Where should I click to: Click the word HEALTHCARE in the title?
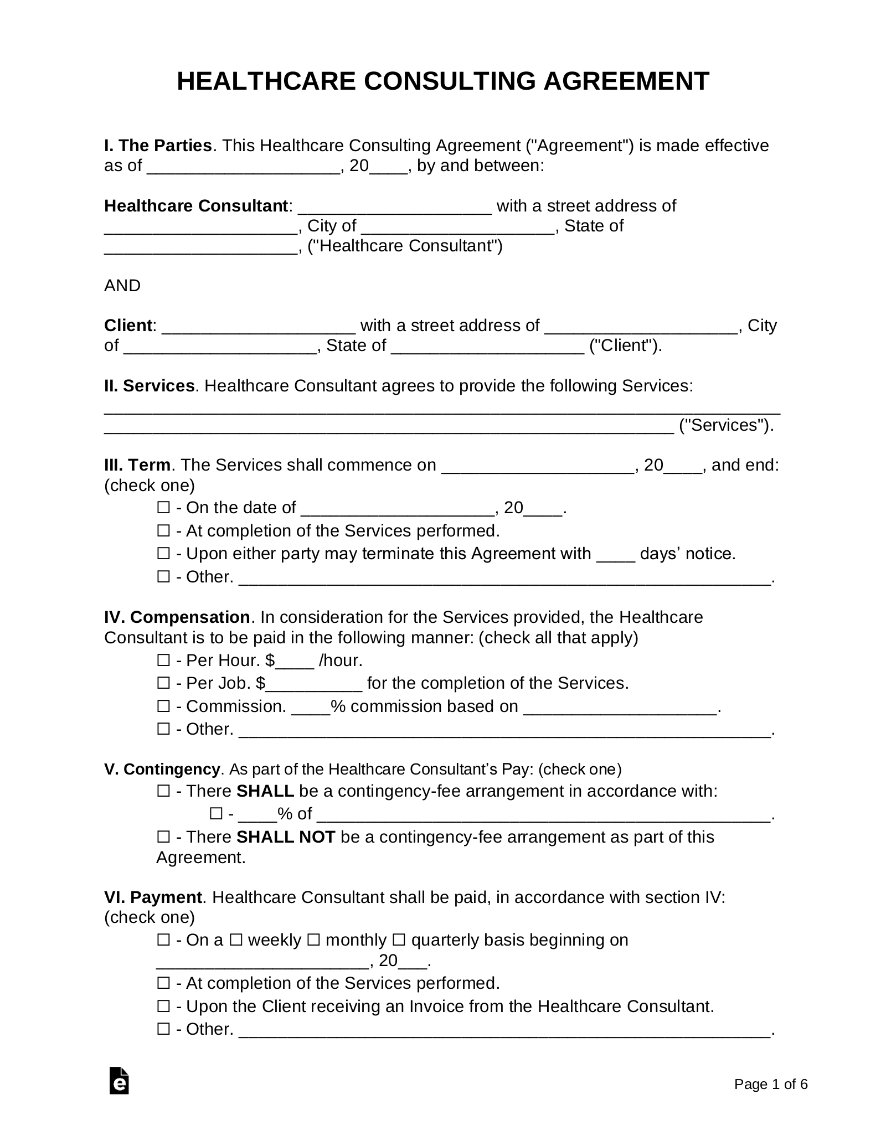[x=265, y=81]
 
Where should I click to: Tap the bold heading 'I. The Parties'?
[x=158, y=146]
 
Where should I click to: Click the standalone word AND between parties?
[x=122, y=286]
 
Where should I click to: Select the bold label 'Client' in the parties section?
[x=127, y=326]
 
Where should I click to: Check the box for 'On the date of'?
[x=163, y=508]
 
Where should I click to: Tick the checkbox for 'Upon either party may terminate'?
[x=163, y=554]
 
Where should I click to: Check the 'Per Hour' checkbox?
[x=163, y=660]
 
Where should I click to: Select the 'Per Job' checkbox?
[x=163, y=683]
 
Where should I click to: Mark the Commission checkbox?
[x=163, y=706]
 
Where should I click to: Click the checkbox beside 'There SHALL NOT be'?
[x=163, y=837]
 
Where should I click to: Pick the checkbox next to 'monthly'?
[x=313, y=940]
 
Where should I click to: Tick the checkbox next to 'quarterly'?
[x=399, y=940]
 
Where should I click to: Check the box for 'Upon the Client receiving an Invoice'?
[x=163, y=1006]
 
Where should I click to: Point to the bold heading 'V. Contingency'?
[x=162, y=770]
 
